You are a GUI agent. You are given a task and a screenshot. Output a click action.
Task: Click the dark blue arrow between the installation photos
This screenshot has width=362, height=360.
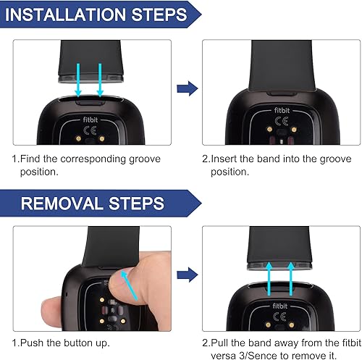click(186, 88)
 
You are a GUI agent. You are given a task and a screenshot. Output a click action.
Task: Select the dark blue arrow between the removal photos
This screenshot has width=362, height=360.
click(186, 275)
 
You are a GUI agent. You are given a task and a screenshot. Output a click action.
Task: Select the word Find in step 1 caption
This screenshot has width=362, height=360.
click(33, 159)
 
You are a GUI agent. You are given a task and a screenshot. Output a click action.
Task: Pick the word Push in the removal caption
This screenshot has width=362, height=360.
click(34, 342)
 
